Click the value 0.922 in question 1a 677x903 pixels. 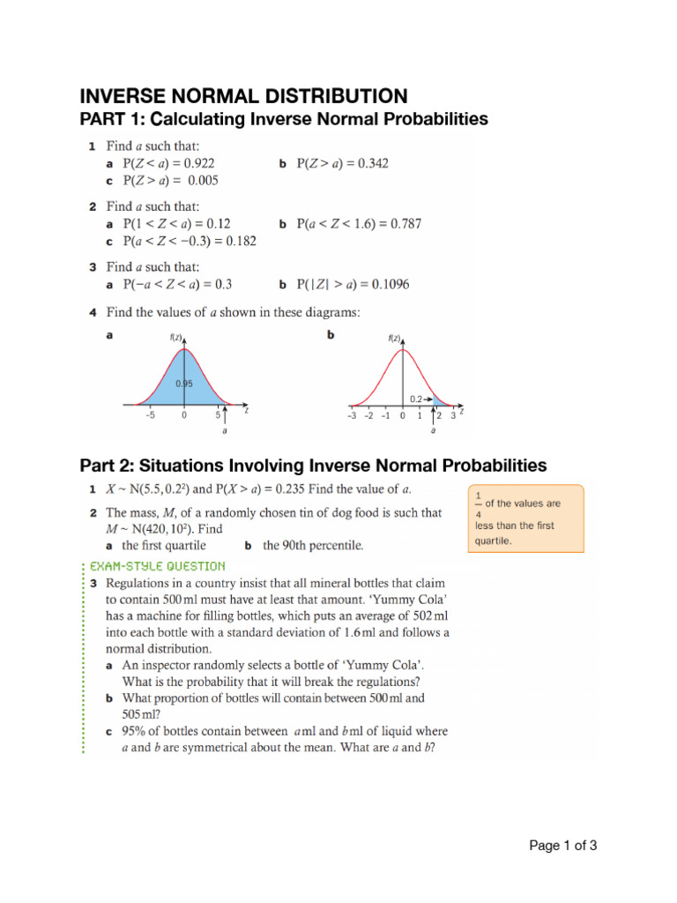click(197, 163)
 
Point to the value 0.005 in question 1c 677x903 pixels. click(200, 180)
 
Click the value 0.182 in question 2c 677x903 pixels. click(239, 241)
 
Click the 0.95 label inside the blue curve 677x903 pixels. click(183, 384)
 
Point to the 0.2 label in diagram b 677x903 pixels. click(415, 399)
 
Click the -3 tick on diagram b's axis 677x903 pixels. click(350, 415)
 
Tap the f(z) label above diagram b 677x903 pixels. click(394, 338)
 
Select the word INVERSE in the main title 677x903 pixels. click(128, 96)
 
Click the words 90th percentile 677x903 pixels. click(313, 545)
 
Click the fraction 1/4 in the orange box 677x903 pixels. click(478, 504)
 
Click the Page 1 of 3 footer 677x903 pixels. click(562, 846)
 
